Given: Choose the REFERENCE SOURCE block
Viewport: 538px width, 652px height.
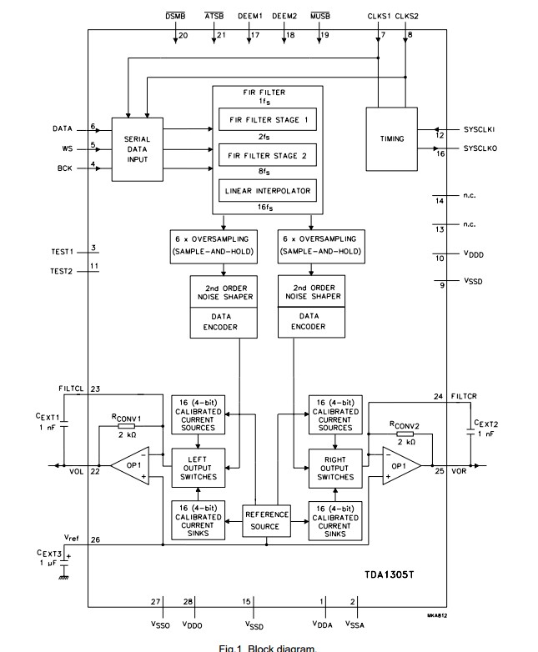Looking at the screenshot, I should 267,520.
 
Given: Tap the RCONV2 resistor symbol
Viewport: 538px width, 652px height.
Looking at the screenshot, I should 405,434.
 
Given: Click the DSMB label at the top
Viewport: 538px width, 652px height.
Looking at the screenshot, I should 176,16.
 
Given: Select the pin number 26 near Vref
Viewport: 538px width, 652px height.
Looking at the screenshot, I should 96,539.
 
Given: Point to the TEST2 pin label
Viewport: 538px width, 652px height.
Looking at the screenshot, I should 63,272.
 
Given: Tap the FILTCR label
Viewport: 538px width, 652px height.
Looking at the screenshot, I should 462,397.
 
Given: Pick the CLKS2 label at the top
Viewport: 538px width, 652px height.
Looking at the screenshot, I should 407,16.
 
